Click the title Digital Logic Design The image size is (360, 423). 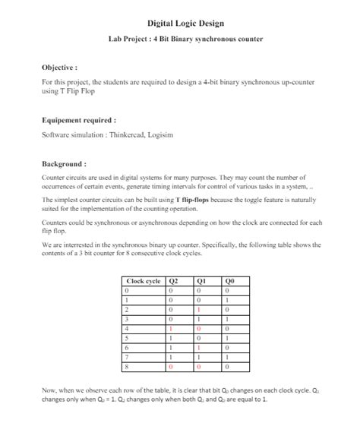click(x=180, y=24)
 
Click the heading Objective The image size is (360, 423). click(x=60, y=67)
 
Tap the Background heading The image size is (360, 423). click(x=64, y=163)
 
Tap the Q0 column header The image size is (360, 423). click(x=229, y=282)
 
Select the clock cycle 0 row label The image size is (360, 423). click(x=127, y=291)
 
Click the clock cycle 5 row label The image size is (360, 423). click(x=127, y=337)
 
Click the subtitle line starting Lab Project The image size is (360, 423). click(x=180, y=39)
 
